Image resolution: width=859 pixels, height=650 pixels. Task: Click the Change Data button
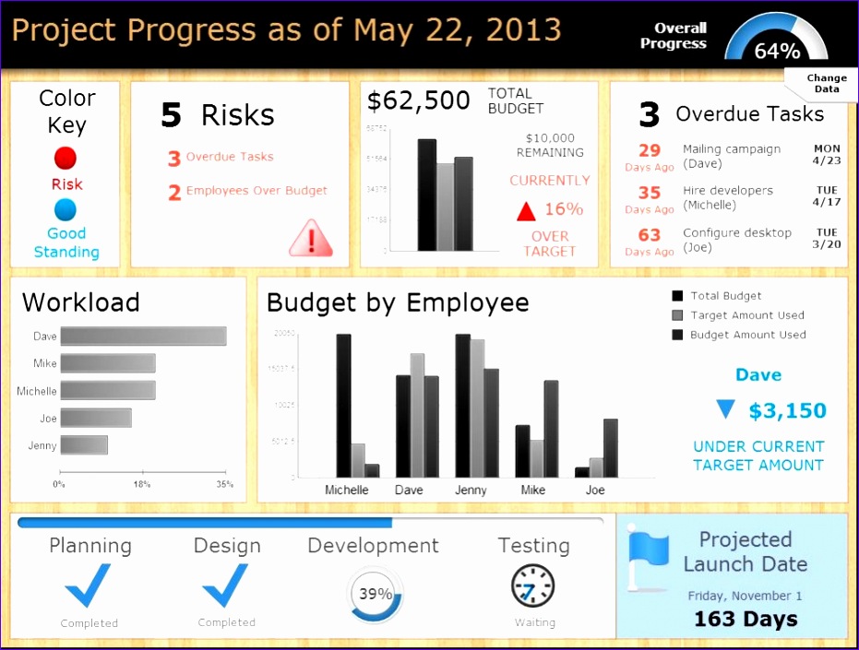point(825,84)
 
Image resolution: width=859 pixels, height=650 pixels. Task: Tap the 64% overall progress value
point(777,52)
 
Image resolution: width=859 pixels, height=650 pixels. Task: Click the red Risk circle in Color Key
point(66,158)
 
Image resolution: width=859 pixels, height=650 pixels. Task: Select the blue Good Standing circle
point(66,209)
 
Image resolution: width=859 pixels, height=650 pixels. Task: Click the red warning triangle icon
point(310,239)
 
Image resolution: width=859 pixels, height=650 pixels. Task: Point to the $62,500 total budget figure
point(418,101)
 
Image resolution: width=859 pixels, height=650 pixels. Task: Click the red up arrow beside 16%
point(526,211)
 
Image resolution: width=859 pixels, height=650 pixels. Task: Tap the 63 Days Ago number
point(650,235)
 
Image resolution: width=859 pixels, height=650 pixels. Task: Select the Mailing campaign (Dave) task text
point(731,156)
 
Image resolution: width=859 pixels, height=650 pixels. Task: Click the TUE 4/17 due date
point(827,196)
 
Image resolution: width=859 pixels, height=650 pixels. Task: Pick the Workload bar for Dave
point(143,337)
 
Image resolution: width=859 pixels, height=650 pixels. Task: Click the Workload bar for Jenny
point(84,445)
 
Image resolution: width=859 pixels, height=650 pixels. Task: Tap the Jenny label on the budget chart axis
point(471,490)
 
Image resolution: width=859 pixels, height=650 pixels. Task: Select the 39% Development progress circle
point(376,594)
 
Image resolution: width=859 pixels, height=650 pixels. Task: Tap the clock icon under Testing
point(533,586)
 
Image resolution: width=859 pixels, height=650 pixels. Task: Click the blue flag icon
point(648,560)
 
